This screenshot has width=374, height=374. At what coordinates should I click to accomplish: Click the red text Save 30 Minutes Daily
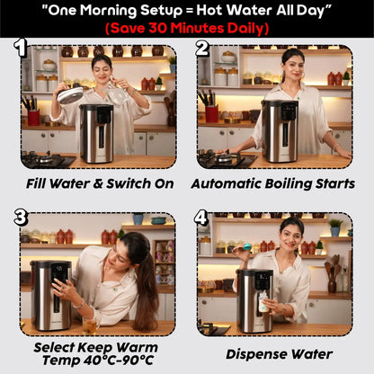coord(187,28)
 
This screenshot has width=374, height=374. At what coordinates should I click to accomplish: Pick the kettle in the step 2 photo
coord(279,130)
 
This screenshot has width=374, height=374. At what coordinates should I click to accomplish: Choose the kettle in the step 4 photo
coord(254,299)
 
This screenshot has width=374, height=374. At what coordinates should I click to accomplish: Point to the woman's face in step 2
coord(293,66)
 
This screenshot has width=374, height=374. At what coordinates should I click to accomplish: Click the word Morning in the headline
coord(145,10)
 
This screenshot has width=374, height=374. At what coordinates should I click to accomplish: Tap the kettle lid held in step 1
coord(71,93)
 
